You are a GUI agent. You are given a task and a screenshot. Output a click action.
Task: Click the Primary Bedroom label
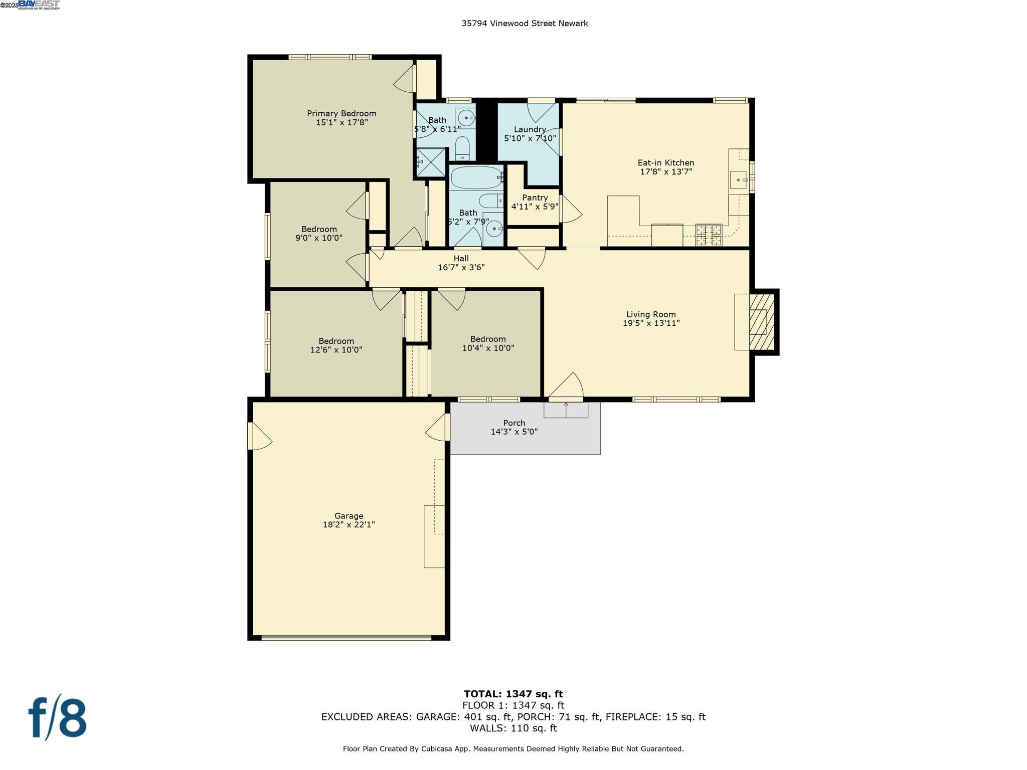pos(341,114)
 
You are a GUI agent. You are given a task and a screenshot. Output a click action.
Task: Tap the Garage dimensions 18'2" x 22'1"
pos(349,525)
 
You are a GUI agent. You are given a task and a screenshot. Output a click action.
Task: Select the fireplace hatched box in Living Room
pos(762,322)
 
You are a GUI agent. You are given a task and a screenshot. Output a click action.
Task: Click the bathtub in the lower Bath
pos(476,177)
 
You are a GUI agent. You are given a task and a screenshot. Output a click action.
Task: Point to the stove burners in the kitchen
pos(709,236)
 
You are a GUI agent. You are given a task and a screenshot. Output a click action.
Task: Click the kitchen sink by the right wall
pos(739,179)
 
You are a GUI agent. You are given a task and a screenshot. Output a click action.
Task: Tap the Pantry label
pos(535,198)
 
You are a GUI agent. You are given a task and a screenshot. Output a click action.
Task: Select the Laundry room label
pos(530,129)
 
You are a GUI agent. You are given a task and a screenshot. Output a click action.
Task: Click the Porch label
pos(514,423)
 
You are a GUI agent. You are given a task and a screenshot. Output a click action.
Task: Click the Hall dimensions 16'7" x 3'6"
pos(461,268)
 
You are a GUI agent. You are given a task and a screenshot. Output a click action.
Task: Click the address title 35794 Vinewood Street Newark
pos(525,24)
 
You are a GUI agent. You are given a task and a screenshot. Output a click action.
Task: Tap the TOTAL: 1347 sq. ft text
pos(513,694)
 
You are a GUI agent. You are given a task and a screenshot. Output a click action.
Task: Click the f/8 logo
pos(57,718)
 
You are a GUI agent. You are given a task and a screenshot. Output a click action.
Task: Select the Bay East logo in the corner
pos(39,5)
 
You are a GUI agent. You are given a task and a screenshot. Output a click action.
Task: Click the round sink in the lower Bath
pos(494,229)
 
